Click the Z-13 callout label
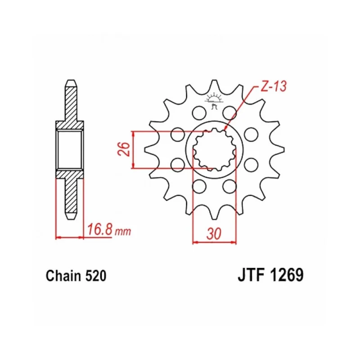coord(274,86)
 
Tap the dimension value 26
coord(124,149)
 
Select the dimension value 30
coord(214,234)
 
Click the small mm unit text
coord(123,232)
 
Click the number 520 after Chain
coord(96,275)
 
